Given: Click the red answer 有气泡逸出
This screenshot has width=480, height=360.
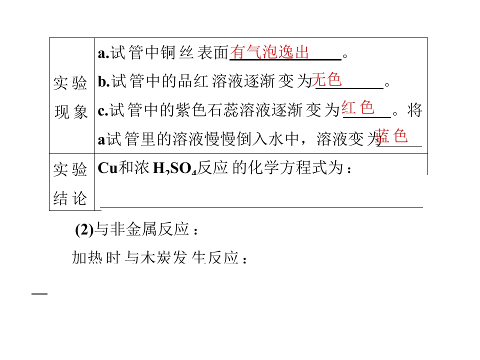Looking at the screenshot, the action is [x=269, y=52].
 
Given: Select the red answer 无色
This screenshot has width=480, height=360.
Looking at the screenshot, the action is [x=326, y=79].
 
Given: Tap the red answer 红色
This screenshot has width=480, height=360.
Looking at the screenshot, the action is [x=358, y=108].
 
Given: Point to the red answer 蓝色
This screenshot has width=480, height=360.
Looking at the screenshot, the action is [x=391, y=136].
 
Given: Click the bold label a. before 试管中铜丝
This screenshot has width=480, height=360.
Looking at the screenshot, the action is [x=103, y=53].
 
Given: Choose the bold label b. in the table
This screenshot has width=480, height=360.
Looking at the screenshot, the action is [x=104, y=81].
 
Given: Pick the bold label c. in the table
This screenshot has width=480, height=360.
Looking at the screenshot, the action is [x=103, y=111].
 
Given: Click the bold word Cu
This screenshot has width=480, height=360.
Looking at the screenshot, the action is [x=108, y=168].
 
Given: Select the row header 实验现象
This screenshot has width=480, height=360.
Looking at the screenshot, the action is [x=70, y=97].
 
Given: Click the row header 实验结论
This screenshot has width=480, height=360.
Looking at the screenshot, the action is [x=70, y=183].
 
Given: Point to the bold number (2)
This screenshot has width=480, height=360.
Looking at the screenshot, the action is [x=84, y=229].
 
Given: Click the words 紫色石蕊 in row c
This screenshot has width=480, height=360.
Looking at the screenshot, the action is [x=207, y=110].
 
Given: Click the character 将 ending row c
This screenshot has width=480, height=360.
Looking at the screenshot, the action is [x=415, y=110].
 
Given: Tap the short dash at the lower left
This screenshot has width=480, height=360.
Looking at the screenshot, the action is [x=39, y=294].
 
